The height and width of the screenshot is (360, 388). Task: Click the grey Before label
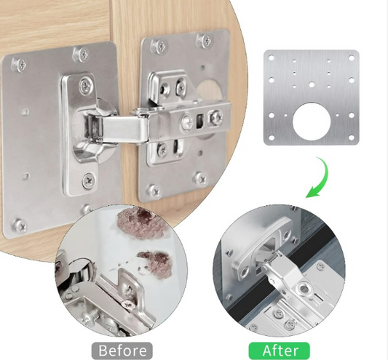pyautogui.click(x=122, y=351)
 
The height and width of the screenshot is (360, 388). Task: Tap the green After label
pyautogui.click(x=279, y=351)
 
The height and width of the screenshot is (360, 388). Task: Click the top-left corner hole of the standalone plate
pyautogui.click(x=272, y=58)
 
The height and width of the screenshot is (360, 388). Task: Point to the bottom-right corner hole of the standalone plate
pyautogui.click(x=352, y=137)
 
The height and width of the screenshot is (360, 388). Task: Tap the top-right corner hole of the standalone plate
pyautogui.click(x=352, y=58)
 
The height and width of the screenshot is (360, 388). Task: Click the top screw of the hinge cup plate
pyautogui.click(x=87, y=85)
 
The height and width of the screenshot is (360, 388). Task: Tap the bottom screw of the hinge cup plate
pyautogui.click(x=89, y=180)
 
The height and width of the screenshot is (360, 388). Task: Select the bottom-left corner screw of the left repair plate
pyautogui.click(x=20, y=225)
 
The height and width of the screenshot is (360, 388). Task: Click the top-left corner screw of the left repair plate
pyautogui.click(x=19, y=65)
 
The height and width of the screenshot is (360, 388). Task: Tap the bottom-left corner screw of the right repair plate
pyautogui.click(x=154, y=191)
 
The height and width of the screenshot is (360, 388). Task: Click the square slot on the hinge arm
pyautogui.click(x=199, y=121)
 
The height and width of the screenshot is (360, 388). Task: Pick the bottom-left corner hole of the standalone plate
pyautogui.click(x=272, y=137)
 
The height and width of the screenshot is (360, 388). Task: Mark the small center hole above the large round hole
pyautogui.click(x=312, y=85)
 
